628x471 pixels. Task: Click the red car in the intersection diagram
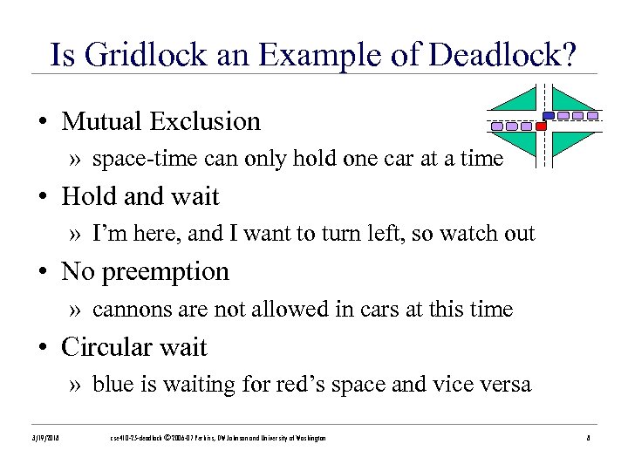tap(541, 126)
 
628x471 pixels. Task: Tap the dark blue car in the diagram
tap(549, 115)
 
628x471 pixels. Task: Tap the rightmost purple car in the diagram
tap(592, 115)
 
